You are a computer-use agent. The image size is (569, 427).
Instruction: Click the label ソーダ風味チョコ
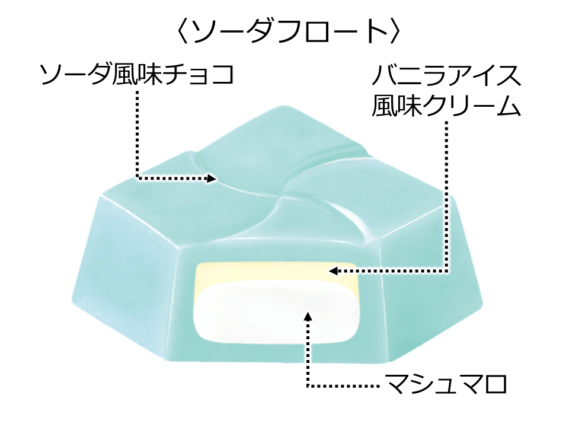coord(137,75)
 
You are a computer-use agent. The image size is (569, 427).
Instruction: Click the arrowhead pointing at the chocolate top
coord(211,177)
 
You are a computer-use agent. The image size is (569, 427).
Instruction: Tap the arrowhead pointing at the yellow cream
coord(334,271)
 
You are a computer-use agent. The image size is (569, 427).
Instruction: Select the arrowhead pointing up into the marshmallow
coord(308,314)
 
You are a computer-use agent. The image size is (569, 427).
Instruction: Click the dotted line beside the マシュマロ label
coord(344,386)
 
